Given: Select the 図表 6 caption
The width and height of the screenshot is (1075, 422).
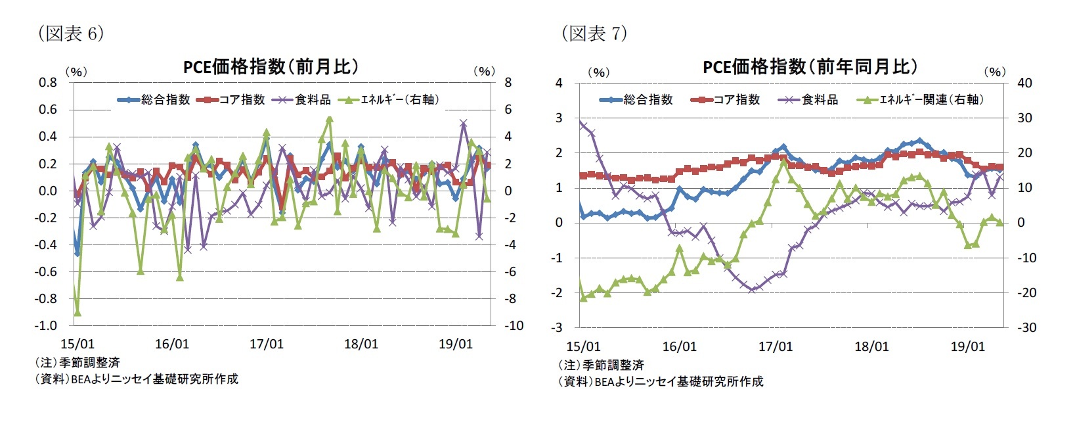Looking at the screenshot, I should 70,34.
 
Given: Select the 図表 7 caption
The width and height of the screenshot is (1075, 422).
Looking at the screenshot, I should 594,34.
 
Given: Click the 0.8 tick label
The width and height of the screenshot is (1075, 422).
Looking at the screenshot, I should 48,83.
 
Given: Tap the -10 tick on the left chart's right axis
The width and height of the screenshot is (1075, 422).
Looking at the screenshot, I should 514,326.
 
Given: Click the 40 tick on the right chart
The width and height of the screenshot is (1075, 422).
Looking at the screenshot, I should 1024,83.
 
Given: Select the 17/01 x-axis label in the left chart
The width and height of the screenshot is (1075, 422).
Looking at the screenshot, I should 266,344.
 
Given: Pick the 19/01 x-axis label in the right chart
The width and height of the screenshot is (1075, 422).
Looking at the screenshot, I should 967,347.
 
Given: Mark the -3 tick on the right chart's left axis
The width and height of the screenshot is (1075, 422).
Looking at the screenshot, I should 559,327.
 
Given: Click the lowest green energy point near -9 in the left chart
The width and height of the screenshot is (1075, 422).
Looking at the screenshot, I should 77,312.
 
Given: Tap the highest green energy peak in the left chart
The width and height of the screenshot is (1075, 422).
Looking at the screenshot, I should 330,120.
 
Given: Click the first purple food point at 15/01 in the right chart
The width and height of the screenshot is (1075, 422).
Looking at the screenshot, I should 581,123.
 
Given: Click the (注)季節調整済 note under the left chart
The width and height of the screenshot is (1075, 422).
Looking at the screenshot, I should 77,362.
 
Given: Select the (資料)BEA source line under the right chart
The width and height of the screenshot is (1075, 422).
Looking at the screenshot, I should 661,381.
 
